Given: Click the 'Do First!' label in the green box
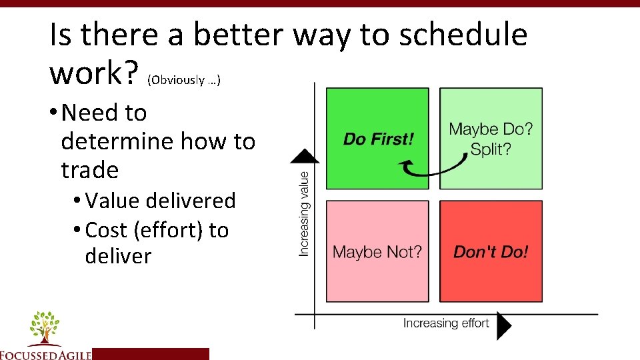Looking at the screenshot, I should tap(378, 139).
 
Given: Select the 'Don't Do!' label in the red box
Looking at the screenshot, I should tap(491, 252).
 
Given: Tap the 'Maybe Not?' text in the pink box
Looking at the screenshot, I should tap(377, 252).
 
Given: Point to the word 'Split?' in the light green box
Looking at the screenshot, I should tap(491, 149).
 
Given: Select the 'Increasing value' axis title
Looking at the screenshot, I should tap(305, 213).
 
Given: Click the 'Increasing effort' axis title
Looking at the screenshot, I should tap(446, 323).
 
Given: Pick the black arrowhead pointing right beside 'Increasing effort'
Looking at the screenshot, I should tap(504, 326).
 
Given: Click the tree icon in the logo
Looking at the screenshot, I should tap(45, 327).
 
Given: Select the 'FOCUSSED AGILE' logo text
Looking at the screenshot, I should tap(45, 354).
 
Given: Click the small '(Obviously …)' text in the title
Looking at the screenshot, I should tap(184, 80).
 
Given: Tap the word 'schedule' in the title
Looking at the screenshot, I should tap(463, 35).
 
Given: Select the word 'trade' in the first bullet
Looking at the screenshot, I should tap(89, 170).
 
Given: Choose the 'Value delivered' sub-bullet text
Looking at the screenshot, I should tap(161, 201).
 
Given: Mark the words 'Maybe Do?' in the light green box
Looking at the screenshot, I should tap(491, 129).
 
